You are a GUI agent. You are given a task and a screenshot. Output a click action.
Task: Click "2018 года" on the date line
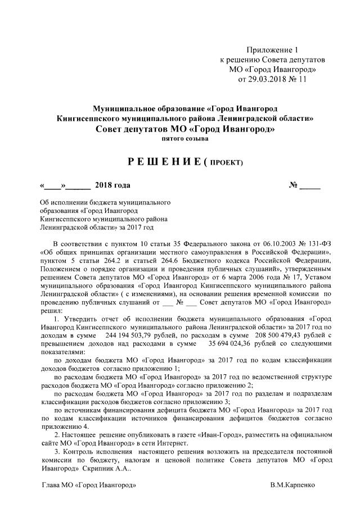click(x=112, y=185)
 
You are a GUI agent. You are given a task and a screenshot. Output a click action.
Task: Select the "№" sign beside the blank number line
click(x=292, y=185)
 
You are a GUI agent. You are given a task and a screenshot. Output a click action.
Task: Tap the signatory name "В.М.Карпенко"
click(x=292, y=484)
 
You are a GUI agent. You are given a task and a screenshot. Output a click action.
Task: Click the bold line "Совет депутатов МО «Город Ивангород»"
click(x=185, y=129)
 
